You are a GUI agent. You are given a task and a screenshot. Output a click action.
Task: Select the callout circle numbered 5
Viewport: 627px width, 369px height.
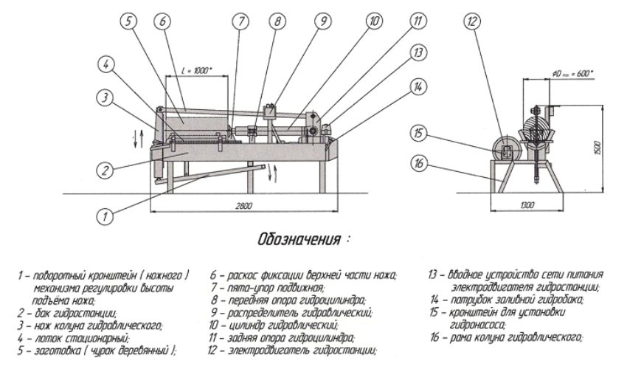[131, 21]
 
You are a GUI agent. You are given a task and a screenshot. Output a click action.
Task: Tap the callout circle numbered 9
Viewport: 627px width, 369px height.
[322, 21]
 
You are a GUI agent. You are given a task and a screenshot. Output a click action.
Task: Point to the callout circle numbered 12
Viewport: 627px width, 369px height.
[472, 21]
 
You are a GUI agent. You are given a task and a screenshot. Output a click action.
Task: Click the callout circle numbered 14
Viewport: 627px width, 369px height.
[418, 86]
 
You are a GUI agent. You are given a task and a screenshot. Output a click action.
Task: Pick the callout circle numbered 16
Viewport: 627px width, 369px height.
[418, 164]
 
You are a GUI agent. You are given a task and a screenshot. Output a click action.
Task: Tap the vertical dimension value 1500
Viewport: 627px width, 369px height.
[606, 147]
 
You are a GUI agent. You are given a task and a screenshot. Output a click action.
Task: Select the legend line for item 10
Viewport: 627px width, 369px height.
[274, 325]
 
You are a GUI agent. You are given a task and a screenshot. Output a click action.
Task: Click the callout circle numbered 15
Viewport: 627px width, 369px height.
[418, 134]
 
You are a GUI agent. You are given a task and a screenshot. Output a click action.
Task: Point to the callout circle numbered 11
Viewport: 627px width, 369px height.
[418, 21]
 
